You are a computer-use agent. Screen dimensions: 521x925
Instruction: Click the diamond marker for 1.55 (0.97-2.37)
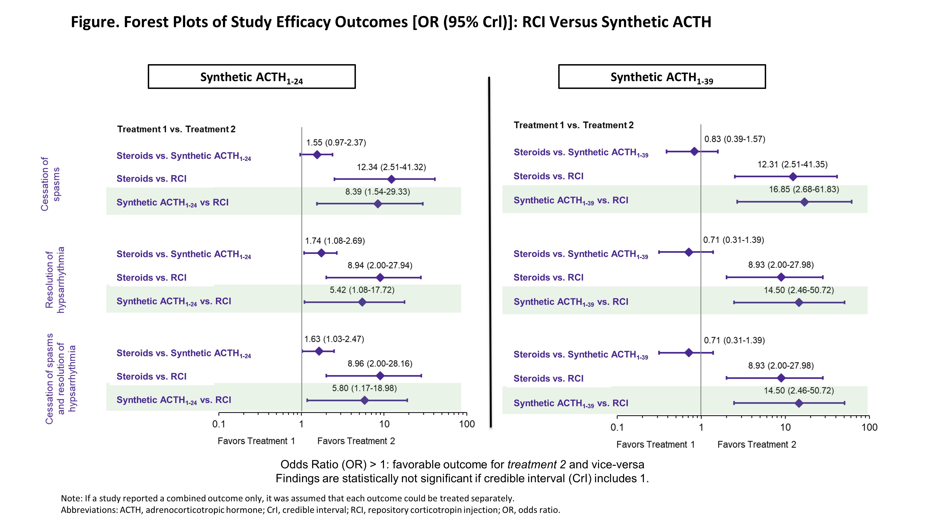click(317, 155)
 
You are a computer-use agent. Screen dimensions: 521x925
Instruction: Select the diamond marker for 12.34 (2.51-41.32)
click(392, 179)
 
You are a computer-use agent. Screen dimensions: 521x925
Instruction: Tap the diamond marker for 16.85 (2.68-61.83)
click(804, 202)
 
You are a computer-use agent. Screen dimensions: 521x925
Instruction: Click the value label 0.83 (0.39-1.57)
click(734, 139)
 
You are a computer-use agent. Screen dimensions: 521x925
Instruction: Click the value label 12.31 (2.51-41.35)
click(792, 164)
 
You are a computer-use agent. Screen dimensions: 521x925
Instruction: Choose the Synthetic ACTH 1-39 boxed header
click(662, 77)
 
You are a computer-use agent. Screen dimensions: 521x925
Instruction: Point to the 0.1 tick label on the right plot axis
click(617, 427)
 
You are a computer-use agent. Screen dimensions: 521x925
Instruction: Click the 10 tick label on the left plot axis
click(384, 424)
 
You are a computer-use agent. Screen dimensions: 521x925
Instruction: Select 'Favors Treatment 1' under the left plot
click(256, 441)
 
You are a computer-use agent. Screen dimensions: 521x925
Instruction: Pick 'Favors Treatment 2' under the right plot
click(757, 445)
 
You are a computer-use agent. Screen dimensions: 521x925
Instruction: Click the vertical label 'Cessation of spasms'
click(50, 184)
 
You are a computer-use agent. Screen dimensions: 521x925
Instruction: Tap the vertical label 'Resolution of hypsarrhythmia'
click(55, 280)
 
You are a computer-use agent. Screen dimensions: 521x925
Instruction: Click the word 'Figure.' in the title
click(95, 22)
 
